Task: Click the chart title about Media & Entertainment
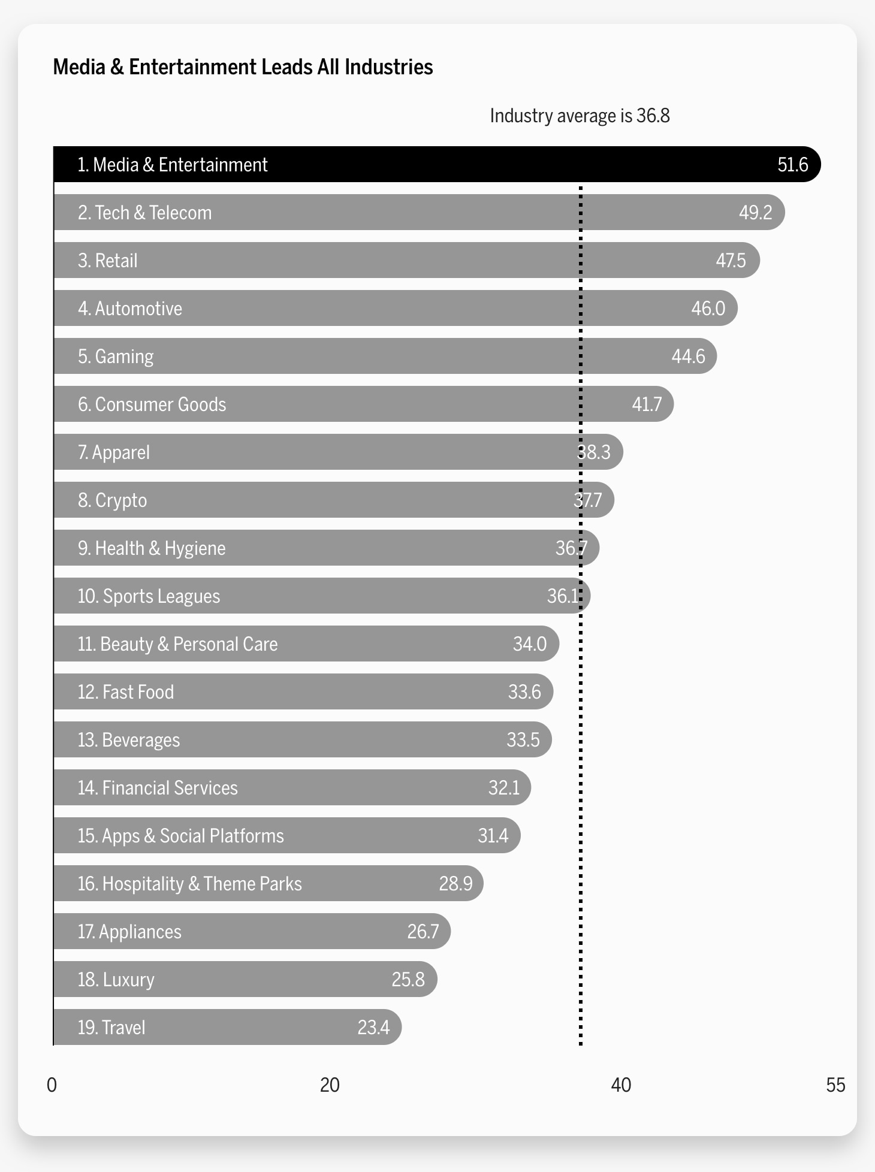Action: [243, 67]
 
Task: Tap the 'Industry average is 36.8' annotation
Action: [580, 116]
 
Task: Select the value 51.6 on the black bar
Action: [792, 165]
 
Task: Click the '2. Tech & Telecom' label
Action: [144, 213]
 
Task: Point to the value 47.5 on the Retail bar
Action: [731, 261]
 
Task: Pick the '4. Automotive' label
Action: [129, 309]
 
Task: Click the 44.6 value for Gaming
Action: [688, 357]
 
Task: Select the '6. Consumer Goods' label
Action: [152, 404]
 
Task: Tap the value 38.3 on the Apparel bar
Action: [593, 452]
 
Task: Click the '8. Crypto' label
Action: [112, 500]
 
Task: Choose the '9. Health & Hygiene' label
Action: [152, 548]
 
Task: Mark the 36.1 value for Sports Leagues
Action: [563, 596]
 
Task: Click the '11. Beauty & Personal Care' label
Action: [177, 644]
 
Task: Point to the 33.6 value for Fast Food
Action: [524, 692]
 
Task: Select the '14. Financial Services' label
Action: [158, 788]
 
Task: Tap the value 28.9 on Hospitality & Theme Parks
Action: [455, 884]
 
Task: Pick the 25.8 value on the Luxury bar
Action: [408, 980]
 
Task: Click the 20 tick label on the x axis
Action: [330, 1085]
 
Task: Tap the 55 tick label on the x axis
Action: [835, 1085]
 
